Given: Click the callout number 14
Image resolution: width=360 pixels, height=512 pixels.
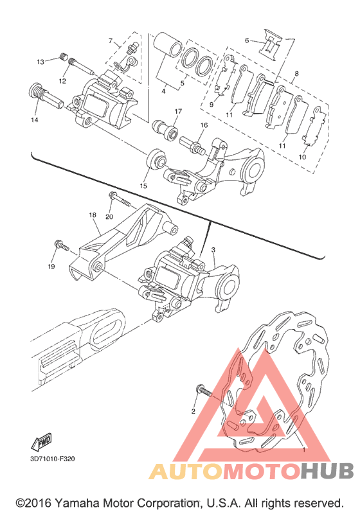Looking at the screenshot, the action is (x=35, y=120).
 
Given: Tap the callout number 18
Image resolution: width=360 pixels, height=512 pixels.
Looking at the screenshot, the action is (x=93, y=215).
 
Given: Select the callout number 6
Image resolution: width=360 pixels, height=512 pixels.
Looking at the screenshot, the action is (x=247, y=40).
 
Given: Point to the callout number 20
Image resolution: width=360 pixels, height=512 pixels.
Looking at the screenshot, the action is (x=109, y=217).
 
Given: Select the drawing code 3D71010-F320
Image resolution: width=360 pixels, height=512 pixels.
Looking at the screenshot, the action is (x=53, y=459).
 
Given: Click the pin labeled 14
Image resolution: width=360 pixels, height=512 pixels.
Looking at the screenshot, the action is (x=45, y=94).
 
